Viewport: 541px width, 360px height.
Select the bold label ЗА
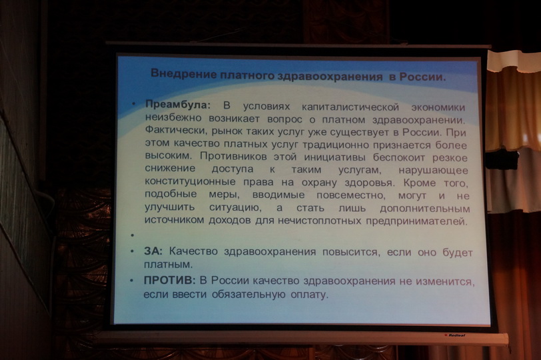[153, 251]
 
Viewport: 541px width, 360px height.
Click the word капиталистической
[350, 107]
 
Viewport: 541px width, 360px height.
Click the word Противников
[233, 156]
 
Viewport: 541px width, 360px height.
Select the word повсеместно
[350, 195]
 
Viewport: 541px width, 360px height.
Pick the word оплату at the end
[309, 295]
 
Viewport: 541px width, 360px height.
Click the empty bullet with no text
[133, 235]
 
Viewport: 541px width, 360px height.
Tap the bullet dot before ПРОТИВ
[131, 281]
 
